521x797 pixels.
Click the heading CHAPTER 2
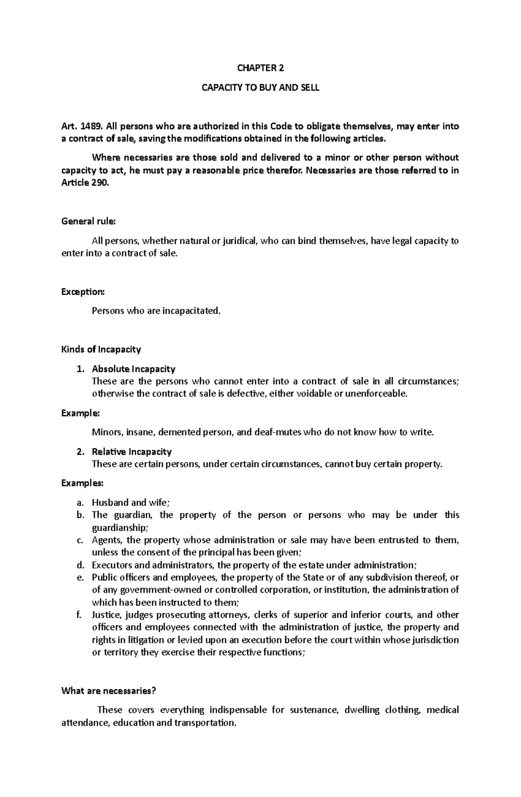(260, 68)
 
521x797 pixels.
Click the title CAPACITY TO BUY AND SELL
(260, 88)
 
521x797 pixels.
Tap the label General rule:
(89, 222)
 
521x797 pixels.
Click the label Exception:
(83, 292)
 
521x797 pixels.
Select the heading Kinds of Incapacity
(101, 349)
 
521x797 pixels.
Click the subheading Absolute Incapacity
(133, 369)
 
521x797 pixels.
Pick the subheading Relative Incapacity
(132, 452)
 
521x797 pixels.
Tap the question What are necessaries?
(109, 691)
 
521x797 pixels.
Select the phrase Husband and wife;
(131, 503)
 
